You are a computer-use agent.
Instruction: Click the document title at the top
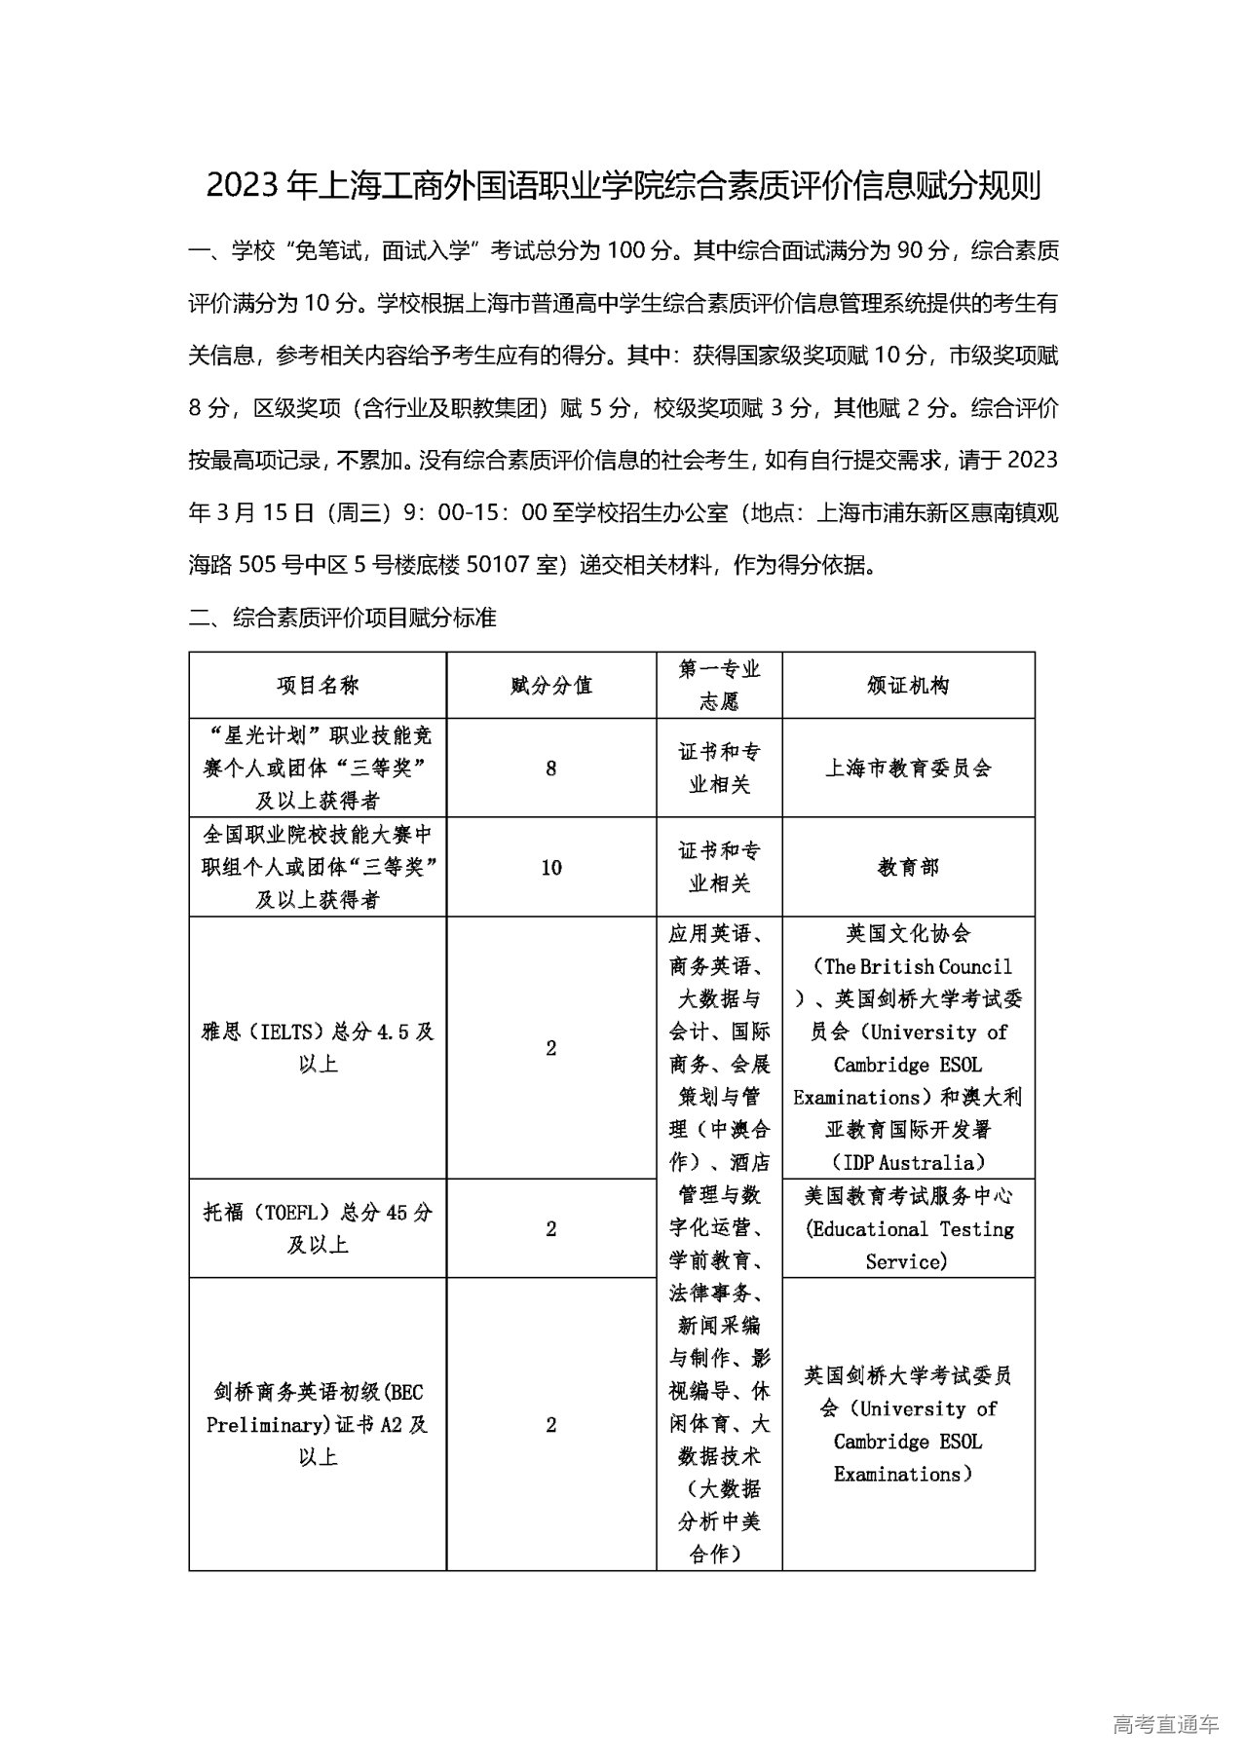click(623, 185)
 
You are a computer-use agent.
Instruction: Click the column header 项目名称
click(318, 686)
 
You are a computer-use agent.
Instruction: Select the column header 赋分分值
click(551, 686)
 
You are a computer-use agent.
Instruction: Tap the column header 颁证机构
click(908, 686)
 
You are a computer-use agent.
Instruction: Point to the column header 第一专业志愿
click(719, 686)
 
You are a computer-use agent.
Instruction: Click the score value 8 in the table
click(551, 769)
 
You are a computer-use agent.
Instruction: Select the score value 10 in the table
click(551, 868)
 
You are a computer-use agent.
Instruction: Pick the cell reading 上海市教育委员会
click(908, 769)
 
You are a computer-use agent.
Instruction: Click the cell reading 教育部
click(908, 868)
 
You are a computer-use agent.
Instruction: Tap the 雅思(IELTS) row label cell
click(318, 1048)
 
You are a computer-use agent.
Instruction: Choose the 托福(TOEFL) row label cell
click(318, 1228)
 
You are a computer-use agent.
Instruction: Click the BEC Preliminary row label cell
click(318, 1424)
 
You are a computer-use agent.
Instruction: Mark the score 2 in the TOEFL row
click(551, 1228)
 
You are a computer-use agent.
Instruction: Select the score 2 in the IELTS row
click(551, 1048)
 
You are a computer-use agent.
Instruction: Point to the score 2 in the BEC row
click(551, 1424)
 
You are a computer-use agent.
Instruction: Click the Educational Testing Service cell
click(908, 1229)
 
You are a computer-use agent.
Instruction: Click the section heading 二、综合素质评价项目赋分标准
click(343, 618)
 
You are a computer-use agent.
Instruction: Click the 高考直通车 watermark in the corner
click(1165, 1724)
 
